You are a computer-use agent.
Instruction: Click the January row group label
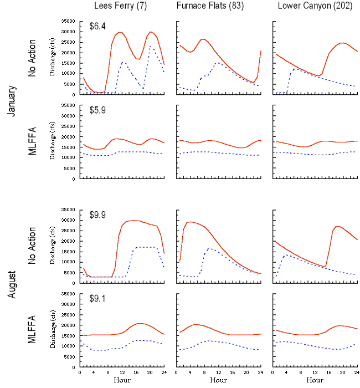tap(12, 100)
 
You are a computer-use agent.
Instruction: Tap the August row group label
tap(12, 288)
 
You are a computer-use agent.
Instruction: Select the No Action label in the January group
tap(32, 58)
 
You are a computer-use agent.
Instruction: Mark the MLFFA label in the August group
tap(32, 330)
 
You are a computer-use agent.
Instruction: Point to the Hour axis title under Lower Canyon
tap(315, 381)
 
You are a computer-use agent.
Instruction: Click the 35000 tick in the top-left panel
tap(68, 21)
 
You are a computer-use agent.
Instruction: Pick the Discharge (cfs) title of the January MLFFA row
tap(53, 142)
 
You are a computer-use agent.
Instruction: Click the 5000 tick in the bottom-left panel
tap(69, 356)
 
